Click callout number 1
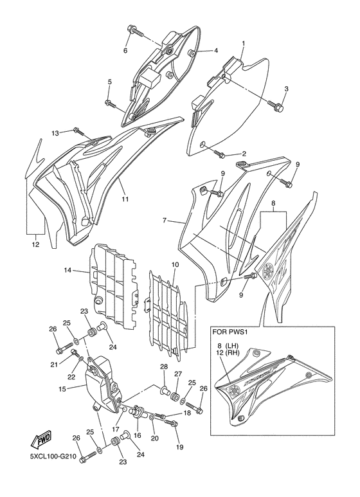(x=244, y=44)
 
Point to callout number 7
(x=165, y=221)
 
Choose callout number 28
(x=163, y=366)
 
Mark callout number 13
(x=55, y=132)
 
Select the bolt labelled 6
(x=135, y=29)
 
